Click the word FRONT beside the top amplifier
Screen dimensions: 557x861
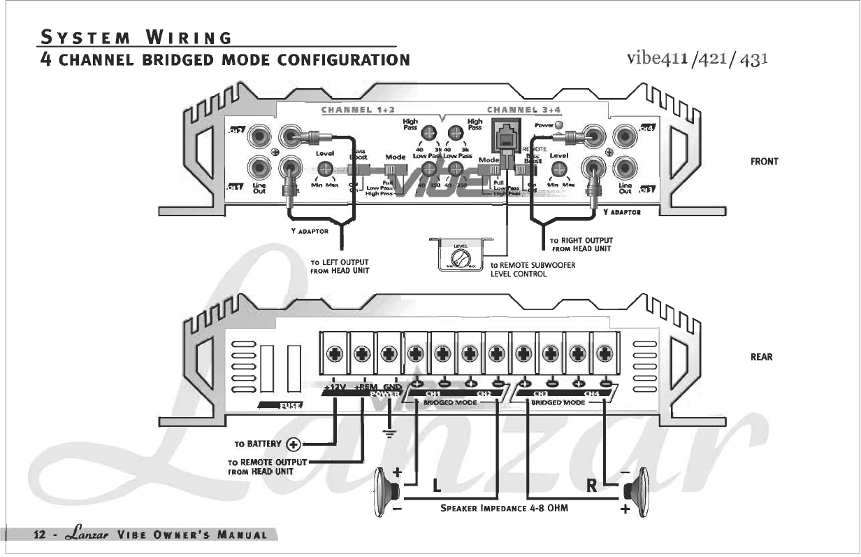pyautogui.click(x=764, y=162)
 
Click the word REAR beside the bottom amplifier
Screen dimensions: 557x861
pyautogui.click(x=761, y=357)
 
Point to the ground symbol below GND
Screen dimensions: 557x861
pyautogui.click(x=390, y=435)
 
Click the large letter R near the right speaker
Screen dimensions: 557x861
pyautogui.click(x=592, y=486)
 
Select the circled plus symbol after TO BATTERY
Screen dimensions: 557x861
pyautogui.click(x=294, y=444)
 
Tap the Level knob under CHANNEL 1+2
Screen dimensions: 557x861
pyautogui.click(x=325, y=169)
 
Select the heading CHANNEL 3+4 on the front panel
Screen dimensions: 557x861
pyautogui.click(x=514, y=110)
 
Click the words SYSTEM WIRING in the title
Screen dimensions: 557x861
pyautogui.click(x=136, y=36)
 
